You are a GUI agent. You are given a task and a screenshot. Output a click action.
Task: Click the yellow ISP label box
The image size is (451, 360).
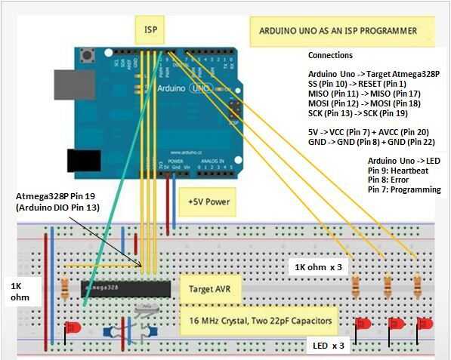[x=150, y=31]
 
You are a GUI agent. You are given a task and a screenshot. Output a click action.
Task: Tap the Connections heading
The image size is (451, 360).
[x=330, y=56]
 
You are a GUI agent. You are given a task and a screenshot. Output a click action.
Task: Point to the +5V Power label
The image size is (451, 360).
[x=208, y=202]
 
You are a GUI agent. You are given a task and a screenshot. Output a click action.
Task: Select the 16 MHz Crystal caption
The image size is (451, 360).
[x=256, y=321]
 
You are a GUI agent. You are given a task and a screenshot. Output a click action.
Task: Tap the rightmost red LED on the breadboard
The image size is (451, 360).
[x=427, y=324]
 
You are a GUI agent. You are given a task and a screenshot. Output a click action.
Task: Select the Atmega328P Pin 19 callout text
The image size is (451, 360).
[x=58, y=201]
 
